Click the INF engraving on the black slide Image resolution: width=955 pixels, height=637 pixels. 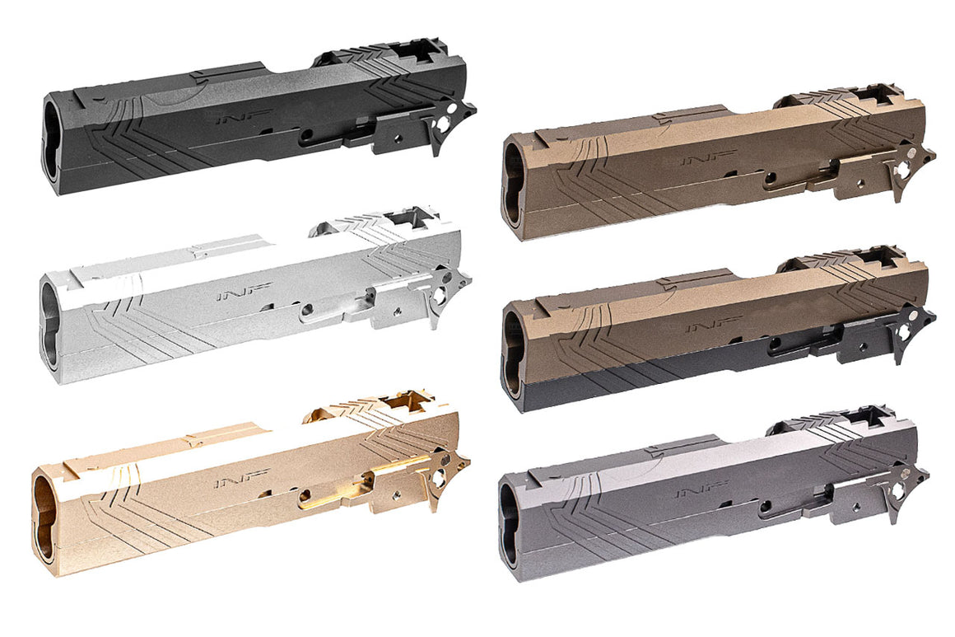231,119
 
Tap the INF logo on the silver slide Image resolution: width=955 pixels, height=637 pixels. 231,294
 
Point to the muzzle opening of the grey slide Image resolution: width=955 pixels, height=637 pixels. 509,525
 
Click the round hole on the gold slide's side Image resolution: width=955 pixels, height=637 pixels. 305,497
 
